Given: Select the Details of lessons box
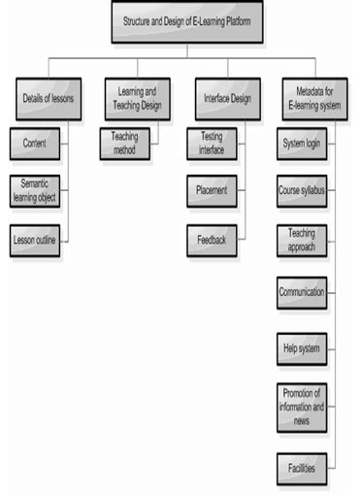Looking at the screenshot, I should tap(49, 98).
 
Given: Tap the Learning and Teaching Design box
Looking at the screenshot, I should tap(137, 98).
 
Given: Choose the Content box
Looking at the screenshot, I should tap(34, 144).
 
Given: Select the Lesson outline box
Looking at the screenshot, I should tap(35, 240).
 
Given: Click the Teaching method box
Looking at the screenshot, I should tap(124, 144).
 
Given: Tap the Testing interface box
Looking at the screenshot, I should tap(212, 144).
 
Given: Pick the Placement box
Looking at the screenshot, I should tap(212, 191).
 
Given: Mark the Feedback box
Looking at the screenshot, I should tap(212, 238).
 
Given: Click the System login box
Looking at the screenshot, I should tap(301, 144).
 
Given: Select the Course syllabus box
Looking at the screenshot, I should tap(301, 191).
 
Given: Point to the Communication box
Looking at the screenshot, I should tap(301, 291).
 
